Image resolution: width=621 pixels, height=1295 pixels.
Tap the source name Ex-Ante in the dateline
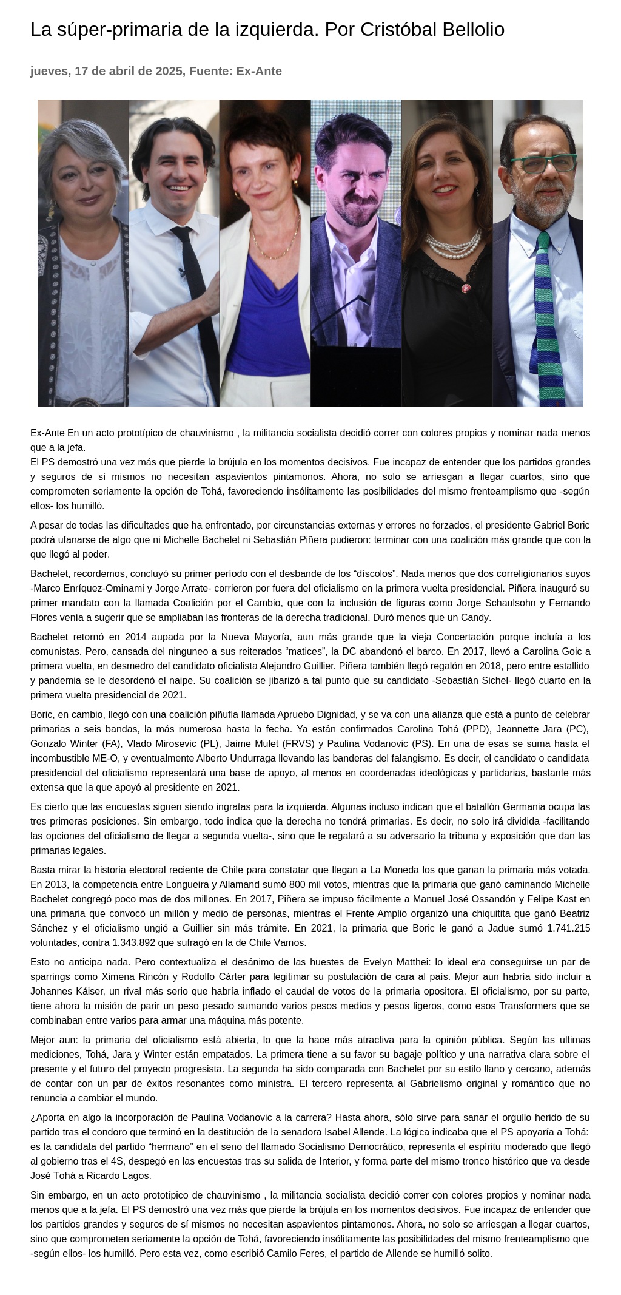click(259, 71)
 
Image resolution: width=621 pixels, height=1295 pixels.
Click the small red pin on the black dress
click(466, 289)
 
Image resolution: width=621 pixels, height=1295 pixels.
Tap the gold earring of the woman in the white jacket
click(295, 182)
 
